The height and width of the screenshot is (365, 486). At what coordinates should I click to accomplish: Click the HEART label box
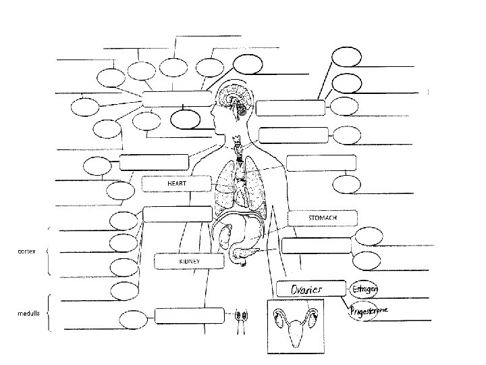[177, 183]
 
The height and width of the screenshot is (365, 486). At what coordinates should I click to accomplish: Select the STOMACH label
[322, 218]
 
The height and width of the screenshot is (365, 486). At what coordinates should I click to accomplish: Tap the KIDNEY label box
[188, 260]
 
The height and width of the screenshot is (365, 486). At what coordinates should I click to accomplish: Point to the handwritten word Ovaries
[306, 289]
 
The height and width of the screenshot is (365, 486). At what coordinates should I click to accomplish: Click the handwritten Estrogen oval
[364, 289]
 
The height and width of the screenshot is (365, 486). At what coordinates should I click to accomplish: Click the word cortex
[25, 251]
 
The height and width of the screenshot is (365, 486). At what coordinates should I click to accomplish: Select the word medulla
[27, 314]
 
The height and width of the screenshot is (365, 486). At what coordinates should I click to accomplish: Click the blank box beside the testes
[188, 316]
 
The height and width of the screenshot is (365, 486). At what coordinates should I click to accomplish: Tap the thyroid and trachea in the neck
[237, 150]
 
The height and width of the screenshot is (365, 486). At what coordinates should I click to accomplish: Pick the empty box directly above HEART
[154, 162]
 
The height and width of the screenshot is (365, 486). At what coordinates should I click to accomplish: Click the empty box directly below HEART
[177, 214]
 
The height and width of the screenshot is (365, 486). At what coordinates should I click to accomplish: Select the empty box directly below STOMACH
[316, 246]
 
